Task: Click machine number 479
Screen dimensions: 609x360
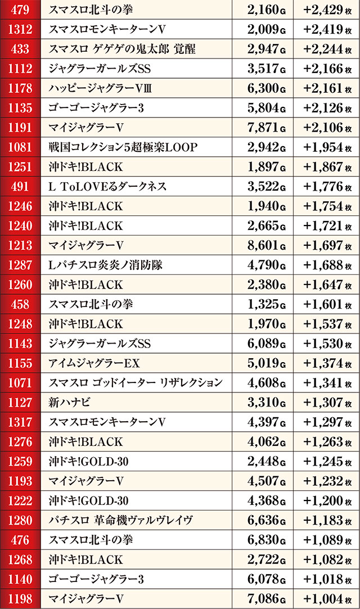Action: tap(20, 10)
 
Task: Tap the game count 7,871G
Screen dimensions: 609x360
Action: tap(264, 128)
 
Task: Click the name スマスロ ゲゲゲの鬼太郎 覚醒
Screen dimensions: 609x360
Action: tap(123, 49)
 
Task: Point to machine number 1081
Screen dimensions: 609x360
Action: tap(20, 147)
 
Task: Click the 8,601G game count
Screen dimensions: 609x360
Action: tap(264, 246)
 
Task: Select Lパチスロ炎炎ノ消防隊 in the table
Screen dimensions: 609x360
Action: tap(106, 265)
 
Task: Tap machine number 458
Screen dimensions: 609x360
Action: tap(20, 304)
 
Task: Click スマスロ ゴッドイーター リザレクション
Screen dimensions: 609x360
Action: tap(136, 383)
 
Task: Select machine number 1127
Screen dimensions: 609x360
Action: tap(20, 403)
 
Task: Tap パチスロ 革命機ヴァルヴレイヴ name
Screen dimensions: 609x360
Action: tap(121, 521)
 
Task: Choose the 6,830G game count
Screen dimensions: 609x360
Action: tap(264, 540)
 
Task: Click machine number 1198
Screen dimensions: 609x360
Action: tap(20, 599)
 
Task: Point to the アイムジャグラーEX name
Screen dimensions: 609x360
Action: tap(94, 363)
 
